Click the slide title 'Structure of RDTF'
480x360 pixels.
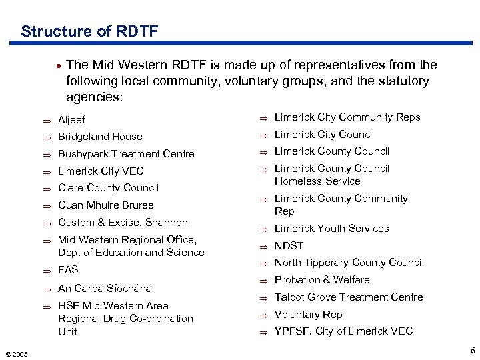coord(89,31)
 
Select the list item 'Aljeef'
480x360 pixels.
coord(73,120)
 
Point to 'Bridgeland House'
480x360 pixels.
coord(100,137)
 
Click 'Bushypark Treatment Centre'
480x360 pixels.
coord(126,154)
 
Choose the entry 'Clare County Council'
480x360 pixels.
coord(108,188)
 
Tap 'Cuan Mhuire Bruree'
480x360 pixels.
coord(105,205)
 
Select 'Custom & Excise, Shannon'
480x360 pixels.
coord(123,223)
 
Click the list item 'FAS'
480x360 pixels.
coord(68,270)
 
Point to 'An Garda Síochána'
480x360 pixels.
coord(105,289)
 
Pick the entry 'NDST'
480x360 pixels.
coord(289,245)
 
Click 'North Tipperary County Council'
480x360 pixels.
coord(349,263)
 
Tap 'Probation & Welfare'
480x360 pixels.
coord(322,280)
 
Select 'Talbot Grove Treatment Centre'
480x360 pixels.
coord(348,297)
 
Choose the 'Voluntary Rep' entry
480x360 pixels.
coord(308,315)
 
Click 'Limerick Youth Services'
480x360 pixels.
coord(331,229)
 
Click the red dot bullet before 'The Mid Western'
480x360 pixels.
coord(60,66)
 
